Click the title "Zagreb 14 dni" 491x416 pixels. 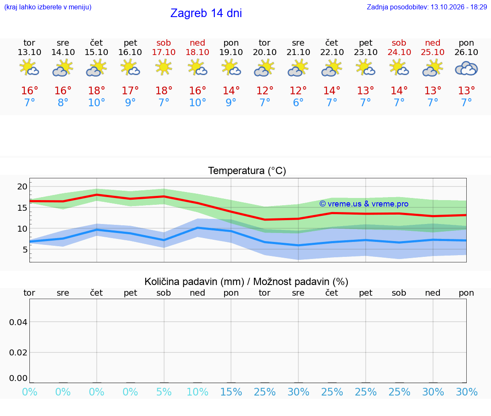(x=206, y=13)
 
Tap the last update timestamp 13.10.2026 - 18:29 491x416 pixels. (x=459, y=7)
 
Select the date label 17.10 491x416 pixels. (x=164, y=52)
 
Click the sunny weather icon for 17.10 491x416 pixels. (x=164, y=67)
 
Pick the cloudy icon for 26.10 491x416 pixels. (x=466, y=68)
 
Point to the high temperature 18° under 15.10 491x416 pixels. (x=96, y=90)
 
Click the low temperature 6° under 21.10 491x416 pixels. (x=298, y=102)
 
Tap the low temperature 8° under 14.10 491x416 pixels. (x=63, y=102)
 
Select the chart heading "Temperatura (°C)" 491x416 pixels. (x=247, y=171)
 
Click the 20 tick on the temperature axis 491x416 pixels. (x=22, y=186)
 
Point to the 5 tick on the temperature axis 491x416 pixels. (x=25, y=250)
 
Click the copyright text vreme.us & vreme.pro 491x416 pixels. (x=364, y=204)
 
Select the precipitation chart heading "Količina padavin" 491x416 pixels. (x=194, y=282)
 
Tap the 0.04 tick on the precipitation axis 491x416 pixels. (x=18, y=322)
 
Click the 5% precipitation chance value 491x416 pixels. (x=164, y=392)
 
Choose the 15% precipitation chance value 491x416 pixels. (x=231, y=392)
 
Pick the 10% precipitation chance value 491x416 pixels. (x=198, y=392)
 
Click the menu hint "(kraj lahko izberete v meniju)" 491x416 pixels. (x=48, y=7)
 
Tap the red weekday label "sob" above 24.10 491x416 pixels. (x=399, y=43)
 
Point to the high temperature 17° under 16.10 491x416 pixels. (x=130, y=90)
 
